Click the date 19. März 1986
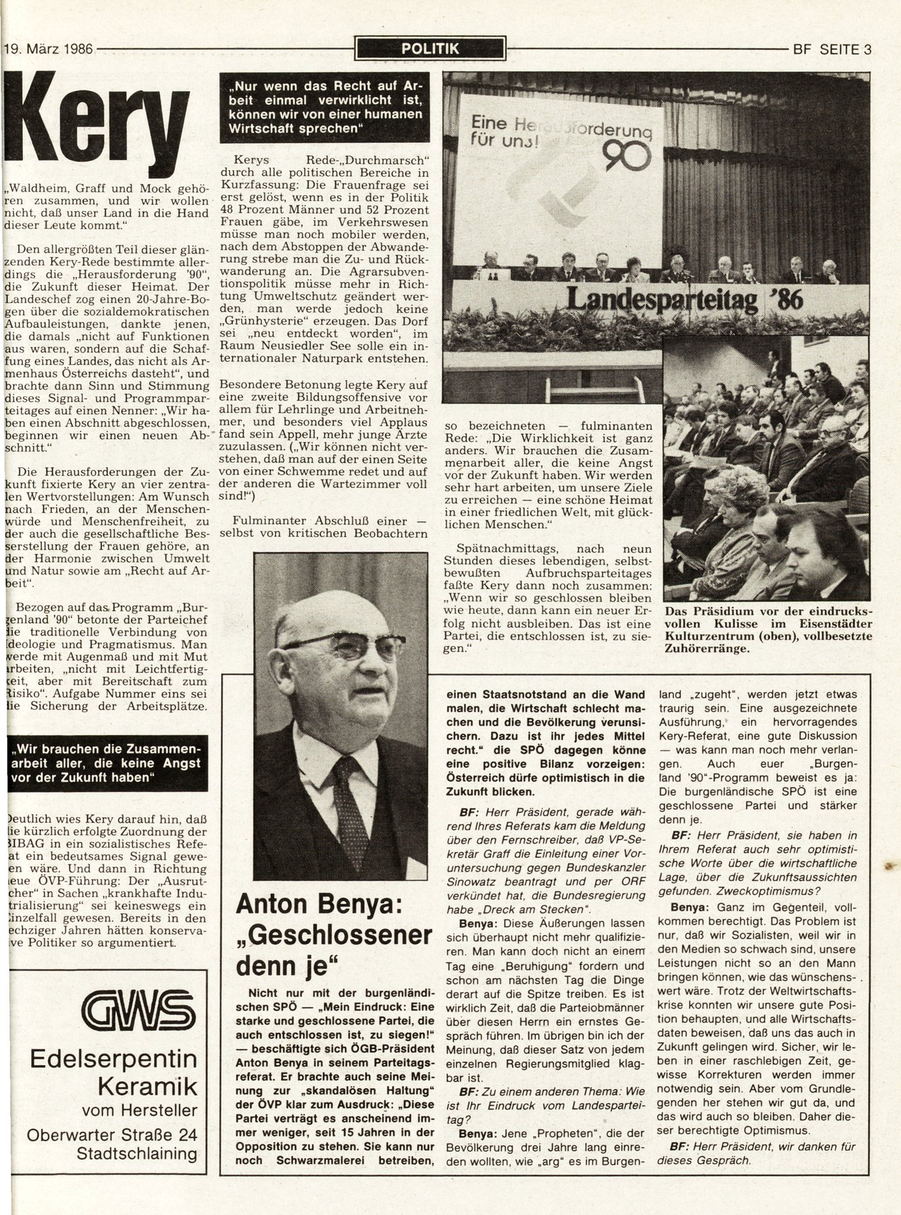pos(49,49)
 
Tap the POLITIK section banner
pos(430,49)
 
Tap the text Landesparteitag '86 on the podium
pos(684,298)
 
